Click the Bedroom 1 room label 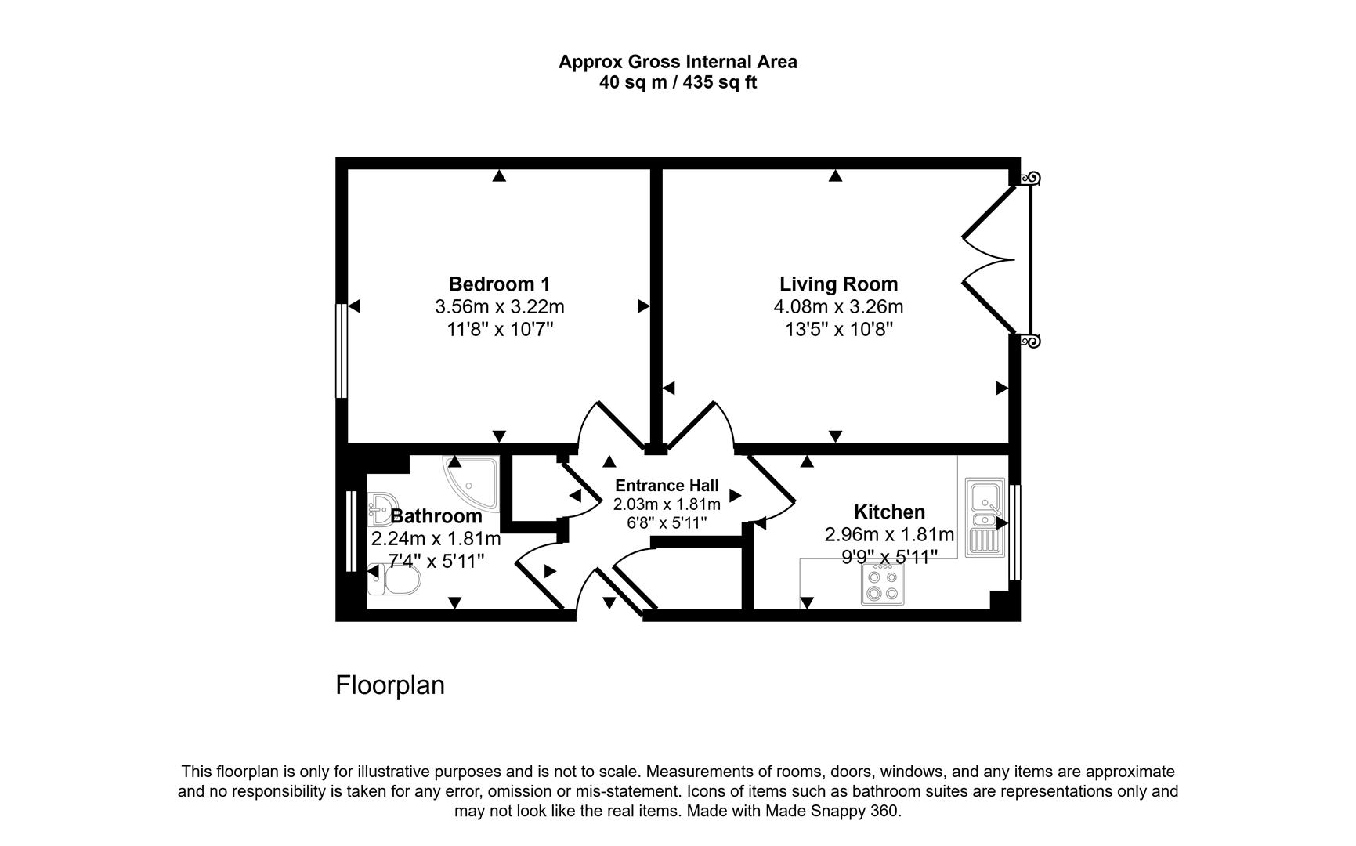(499, 284)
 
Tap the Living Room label (838, 284)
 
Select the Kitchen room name (889, 512)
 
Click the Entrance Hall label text (667, 486)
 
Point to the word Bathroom (436, 516)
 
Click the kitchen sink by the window (985, 517)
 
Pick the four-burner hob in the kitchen (882, 584)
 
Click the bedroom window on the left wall (341, 351)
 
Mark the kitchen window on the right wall (1015, 532)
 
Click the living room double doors (991, 259)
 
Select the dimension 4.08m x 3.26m (838, 306)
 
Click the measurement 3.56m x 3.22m (499, 306)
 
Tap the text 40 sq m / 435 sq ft (678, 82)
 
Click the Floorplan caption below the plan (390, 685)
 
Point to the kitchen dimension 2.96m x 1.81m (889, 535)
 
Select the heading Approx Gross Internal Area (678, 62)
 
